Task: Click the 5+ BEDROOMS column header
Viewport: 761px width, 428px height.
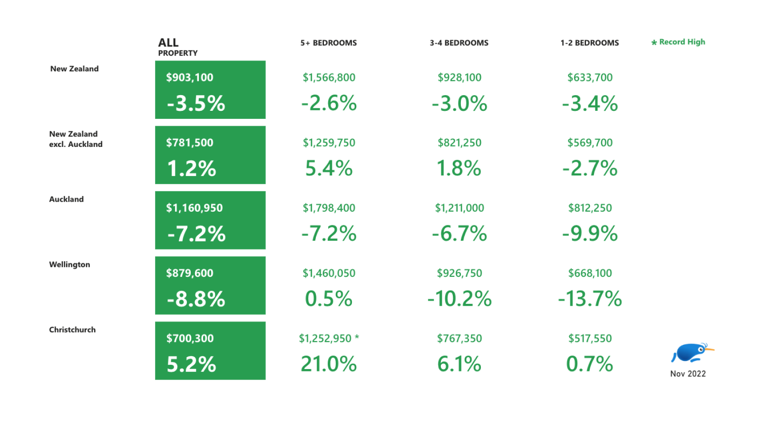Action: pyautogui.click(x=328, y=43)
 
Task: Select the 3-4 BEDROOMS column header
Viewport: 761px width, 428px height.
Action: pyautogui.click(x=459, y=43)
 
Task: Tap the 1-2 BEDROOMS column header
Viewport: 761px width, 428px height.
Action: pyautogui.click(x=589, y=43)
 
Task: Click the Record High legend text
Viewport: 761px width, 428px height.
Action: pyautogui.click(x=682, y=42)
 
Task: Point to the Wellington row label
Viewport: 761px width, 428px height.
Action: pyautogui.click(x=69, y=264)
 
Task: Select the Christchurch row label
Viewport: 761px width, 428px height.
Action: pyautogui.click(x=72, y=330)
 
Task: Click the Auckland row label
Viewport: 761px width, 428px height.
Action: pyautogui.click(x=66, y=199)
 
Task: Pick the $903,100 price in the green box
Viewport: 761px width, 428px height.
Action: pyautogui.click(x=189, y=77)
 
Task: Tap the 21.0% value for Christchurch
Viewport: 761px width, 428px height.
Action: pyautogui.click(x=329, y=364)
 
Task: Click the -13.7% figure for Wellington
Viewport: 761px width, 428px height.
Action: pyautogui.click(x=590, y=299)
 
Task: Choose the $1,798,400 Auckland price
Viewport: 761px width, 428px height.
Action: pyautogui.click(x=329, y=208)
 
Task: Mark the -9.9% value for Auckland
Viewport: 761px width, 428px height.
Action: pyautogui.click(x=590, y=233)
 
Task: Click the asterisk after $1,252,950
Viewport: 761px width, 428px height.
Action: pyautogui.click(x=357, y=337)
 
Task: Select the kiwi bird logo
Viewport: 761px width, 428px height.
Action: pyautogui.click(x=691, y=353)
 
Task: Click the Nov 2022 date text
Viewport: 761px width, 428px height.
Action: pyautogui.click(x=688, y=374)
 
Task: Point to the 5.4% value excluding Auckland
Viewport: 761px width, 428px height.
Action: pyautogui.click(x=329, y=168)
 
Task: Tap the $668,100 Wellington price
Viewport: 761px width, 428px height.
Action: pyautogui.click(x=590, y=273)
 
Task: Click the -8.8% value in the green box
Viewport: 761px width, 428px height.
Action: pyautogui.click(x=196, y=299)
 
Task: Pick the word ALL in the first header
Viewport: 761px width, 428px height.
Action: pyautogui.click(x=168, y=42)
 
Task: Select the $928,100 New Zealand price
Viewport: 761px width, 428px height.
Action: pyautogui.click(x=459, y=77)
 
